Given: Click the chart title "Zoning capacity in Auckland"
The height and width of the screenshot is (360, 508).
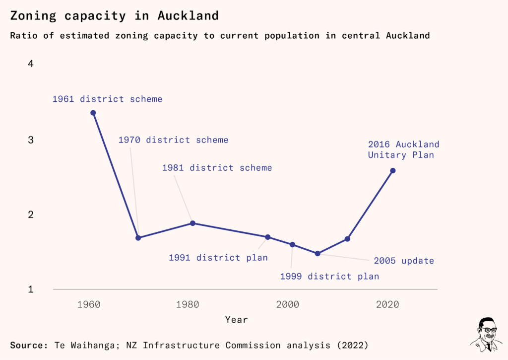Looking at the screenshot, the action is (x=115, y=16).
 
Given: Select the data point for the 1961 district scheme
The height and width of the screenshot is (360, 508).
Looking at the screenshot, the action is (x=93, y=113).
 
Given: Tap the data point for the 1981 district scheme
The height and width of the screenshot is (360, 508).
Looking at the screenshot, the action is (x=193, y=223).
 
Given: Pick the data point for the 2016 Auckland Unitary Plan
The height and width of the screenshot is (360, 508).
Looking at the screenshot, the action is (x=393, y=171).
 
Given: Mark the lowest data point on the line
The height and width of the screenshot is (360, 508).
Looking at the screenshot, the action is (x=317, y=253).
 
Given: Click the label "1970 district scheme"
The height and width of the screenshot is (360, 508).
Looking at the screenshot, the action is (x=173, y=140).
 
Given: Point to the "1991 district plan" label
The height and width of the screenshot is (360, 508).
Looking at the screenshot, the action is (x=218, y=258).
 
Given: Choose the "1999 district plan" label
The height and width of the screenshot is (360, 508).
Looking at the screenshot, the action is (x=329, y=276).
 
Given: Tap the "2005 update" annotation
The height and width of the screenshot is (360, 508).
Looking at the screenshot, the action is (x=404, y=261).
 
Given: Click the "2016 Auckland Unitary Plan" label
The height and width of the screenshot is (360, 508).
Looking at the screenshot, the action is (x=404, y=149).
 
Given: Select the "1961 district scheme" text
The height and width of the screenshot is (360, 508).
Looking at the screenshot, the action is (x=107, y=99).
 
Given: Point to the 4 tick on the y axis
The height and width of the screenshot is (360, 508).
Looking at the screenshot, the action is (x=31, y=64).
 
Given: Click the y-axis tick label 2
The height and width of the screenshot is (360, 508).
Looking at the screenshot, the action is (x=31, y=215).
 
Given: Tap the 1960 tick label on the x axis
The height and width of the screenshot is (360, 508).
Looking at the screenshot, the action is (x=89, y=304).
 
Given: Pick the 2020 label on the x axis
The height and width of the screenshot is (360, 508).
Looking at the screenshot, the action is (x=387, y=304).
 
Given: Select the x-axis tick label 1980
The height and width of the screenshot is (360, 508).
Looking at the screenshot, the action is (x=188, y=304).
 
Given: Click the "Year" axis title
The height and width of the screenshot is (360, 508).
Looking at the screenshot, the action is (x=237, y=320).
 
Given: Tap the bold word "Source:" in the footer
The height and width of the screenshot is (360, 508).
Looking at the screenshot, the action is (x=29, y=345).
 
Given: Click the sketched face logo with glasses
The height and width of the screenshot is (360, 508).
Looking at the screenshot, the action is (x=487, y=334).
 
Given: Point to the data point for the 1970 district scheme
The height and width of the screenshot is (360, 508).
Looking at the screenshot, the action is (x=138, y=238).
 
